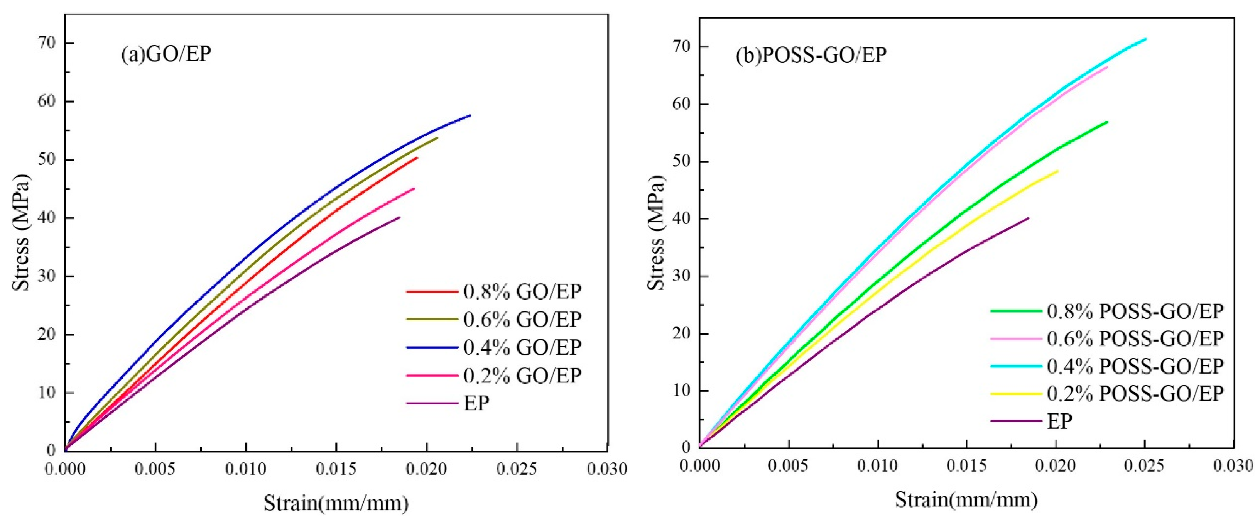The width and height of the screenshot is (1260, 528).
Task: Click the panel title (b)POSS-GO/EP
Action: [x=811, y=55]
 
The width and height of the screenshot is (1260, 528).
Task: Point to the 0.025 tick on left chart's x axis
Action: [x=517, y=469]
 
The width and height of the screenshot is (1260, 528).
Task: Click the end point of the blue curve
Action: [x=470, y=115]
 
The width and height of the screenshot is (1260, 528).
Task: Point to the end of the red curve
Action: [x=417, y=157]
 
